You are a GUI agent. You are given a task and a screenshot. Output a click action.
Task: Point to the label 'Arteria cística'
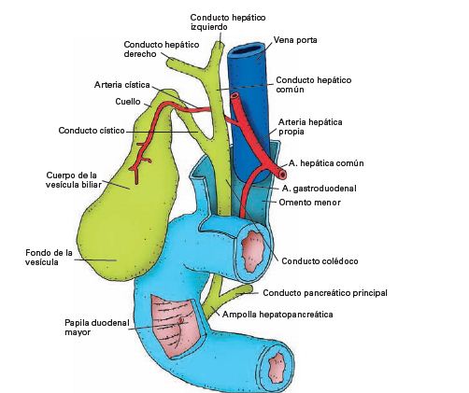click(123, 84)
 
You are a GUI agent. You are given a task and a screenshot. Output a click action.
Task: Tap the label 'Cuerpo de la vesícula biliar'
click(72, 180)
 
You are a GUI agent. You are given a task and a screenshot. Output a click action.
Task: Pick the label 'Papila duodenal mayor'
click(84, 328)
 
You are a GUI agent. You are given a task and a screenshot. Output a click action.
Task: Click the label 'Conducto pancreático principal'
click(324, 292)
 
